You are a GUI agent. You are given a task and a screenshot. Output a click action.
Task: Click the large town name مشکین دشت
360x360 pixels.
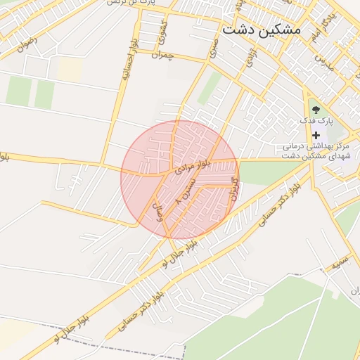coord(260,30)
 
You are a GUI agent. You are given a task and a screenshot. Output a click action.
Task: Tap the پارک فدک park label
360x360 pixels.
coord(314,121)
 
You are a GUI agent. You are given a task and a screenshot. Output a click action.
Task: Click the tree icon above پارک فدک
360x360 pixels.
coord(315,109)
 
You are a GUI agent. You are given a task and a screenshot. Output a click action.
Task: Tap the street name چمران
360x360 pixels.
coord(162,55)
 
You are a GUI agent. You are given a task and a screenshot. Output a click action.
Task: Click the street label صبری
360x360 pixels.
coord(212,46)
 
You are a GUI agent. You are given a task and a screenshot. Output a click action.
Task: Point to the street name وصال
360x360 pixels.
coord(159,210)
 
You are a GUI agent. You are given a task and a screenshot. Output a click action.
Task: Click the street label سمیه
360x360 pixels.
coord(340,264)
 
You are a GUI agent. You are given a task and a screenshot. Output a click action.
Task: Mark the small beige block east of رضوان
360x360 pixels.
coord(70,67)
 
